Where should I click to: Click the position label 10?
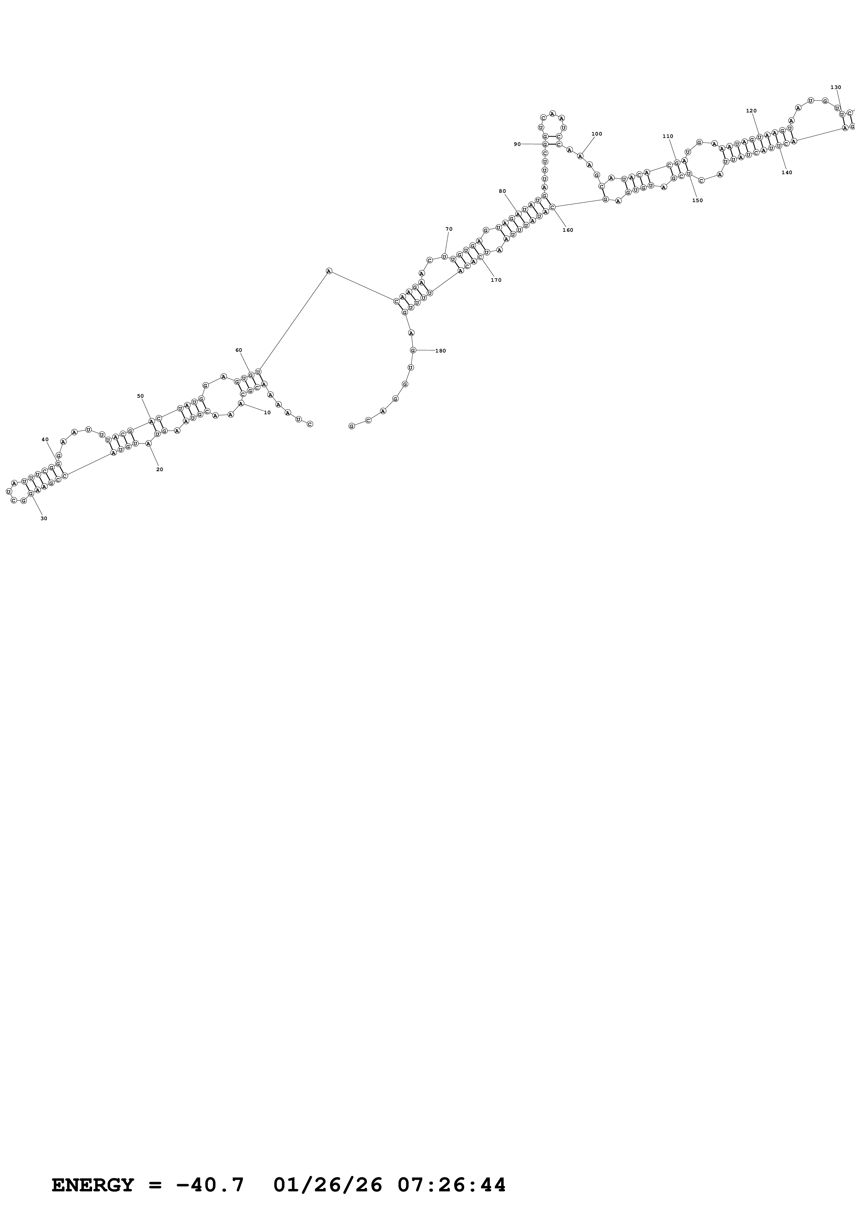pyautogui.click(x=267, y=413)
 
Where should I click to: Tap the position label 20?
pyautogui.click(x=160, y=469)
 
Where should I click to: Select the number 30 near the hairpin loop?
pyautogui.click(x=44, y=518)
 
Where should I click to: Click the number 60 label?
pyautogui.click(x=239, y=350)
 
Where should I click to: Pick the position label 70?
pyautogui.click(x=449, y=229)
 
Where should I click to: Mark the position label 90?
pyautogui.click(x=517, y=144)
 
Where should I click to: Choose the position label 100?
pyautogui.click(x=597, y=134)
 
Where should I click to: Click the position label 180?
pyautogui.click(x=440, y=351)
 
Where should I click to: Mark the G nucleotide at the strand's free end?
pyautogui.click(x=351, y=426)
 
